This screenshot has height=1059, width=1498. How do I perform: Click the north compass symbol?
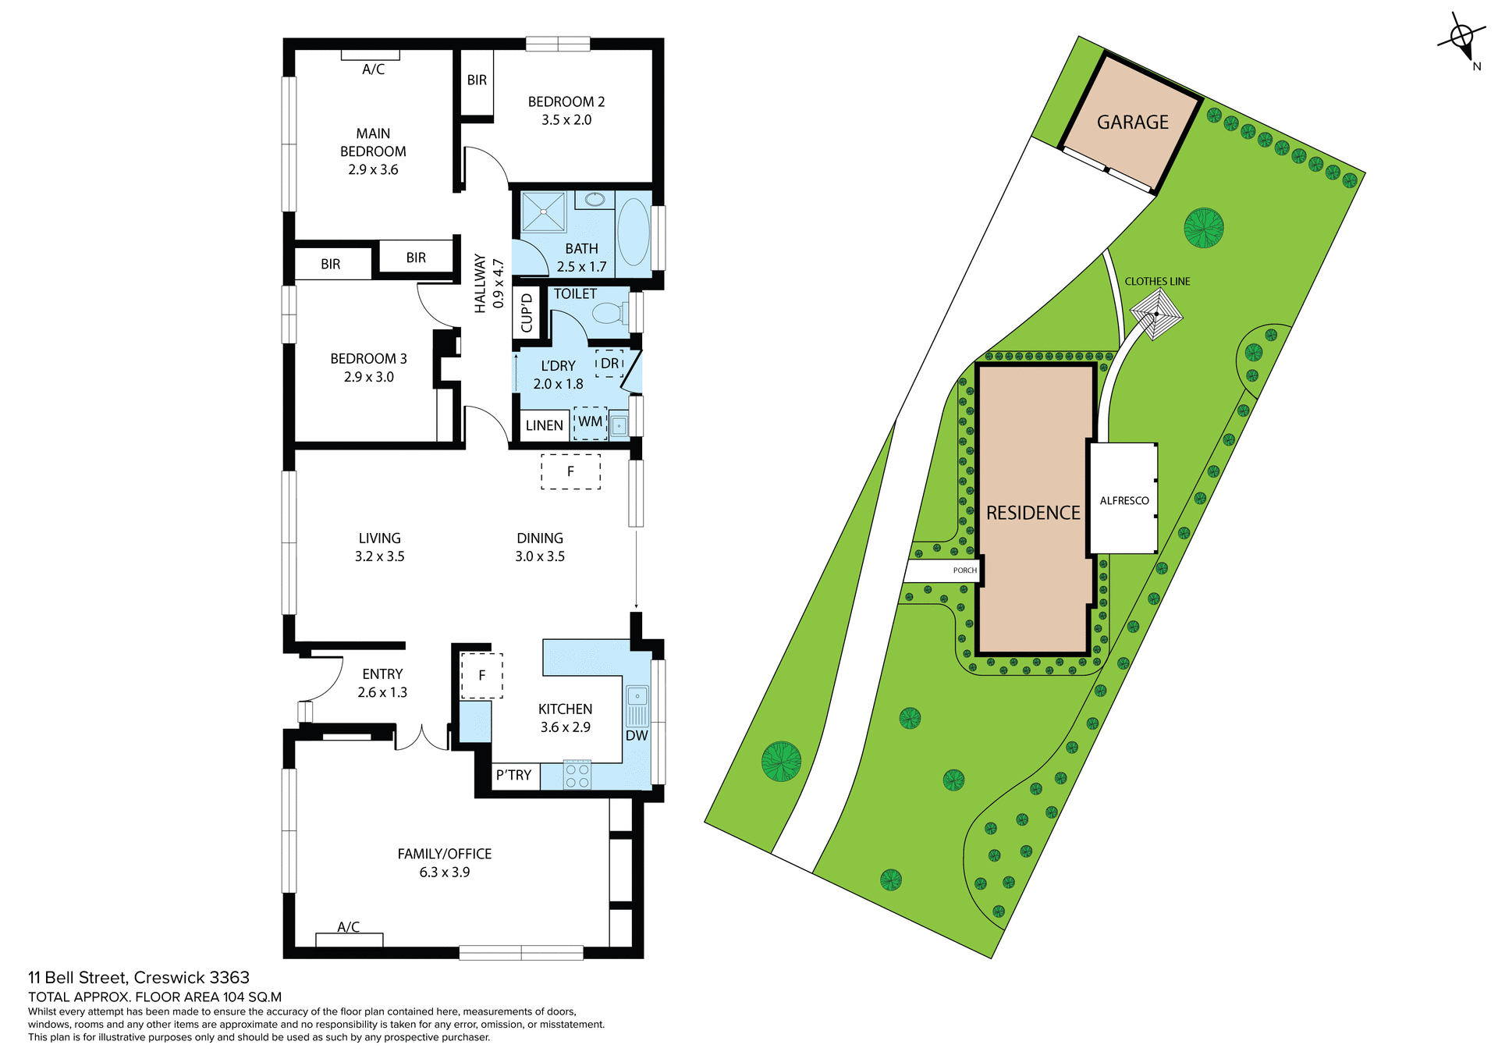(1461, 37)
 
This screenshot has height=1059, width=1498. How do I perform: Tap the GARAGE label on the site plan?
(1132, 123)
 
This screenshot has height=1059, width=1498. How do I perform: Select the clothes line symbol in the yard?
(1156, 314)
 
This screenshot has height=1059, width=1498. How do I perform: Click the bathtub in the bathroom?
(633, 233)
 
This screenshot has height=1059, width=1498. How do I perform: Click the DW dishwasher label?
(637, 735)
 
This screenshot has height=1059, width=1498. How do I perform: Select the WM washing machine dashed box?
(591, 422)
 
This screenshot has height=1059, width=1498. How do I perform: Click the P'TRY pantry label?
(513, 775)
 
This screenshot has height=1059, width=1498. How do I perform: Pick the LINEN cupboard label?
(544, 425)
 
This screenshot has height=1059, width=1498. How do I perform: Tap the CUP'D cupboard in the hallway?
(527, 312)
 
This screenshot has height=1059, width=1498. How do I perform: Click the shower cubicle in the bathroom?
(543, 211)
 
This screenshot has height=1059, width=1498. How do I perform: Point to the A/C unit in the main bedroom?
(371, 55)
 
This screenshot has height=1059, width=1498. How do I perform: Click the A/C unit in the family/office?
(349, 939)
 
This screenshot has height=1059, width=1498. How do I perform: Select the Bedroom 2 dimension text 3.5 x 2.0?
(566, 120)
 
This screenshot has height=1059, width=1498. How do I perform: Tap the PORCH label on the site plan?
(964, 570)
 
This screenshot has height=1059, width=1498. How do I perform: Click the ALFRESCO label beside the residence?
(1123, 501)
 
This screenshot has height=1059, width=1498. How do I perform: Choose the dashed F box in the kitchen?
(481, 676)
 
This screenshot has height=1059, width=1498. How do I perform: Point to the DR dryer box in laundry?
(609, 364)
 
